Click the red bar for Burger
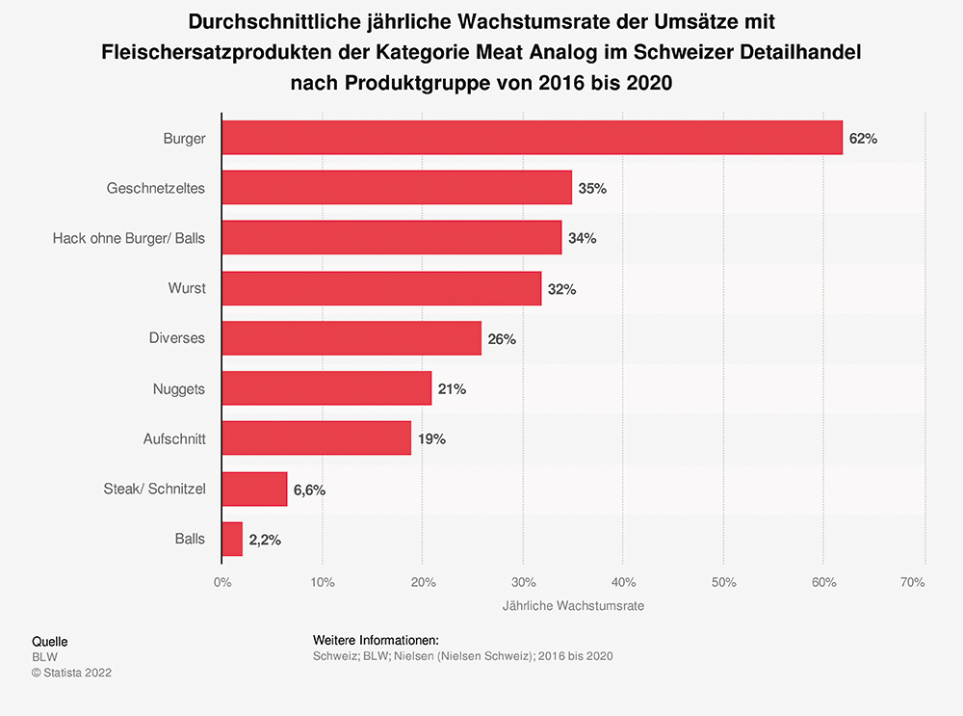pos(532,138)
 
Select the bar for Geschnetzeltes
pos(397,188)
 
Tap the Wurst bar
pos(381,288)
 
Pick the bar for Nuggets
pos(326,388)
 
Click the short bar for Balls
pos(232,539)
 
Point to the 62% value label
pos(863,139)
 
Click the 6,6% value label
pos(309,490)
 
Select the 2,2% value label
pos(264,540)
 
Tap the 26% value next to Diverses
pos(502,339)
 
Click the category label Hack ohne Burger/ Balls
pos(128,238)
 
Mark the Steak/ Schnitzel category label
pos(154,489)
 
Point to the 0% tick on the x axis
pos(222,582)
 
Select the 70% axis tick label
pos(912,582)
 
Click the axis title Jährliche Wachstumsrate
pos(573,607)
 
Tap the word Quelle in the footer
pos(50,642)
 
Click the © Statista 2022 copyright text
pos(72,673)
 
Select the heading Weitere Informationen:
pos(376,640)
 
